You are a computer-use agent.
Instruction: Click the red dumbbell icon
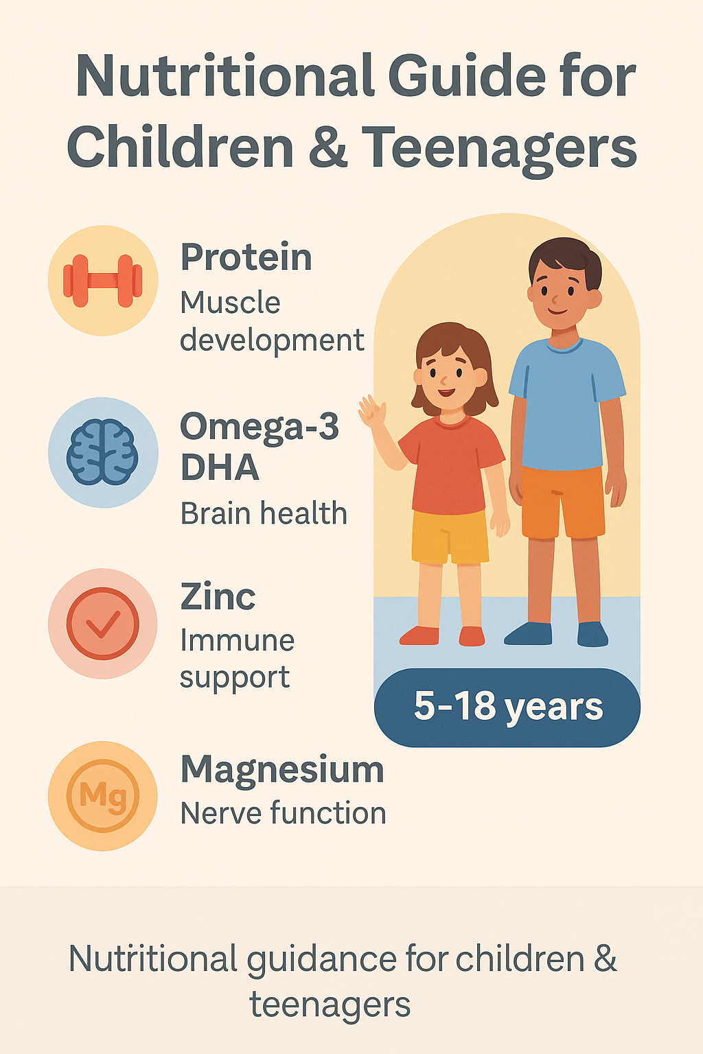click(103, 281)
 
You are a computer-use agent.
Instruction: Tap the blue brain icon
click(103, 452)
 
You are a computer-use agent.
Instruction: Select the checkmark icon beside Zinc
click(103, 624)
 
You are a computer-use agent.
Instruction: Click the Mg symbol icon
click(103, 796)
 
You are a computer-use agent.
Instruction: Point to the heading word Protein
click(246, 257)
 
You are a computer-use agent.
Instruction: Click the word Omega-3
click(260, 427)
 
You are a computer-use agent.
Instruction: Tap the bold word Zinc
click(218, 596)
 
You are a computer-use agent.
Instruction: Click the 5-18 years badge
click(507, 707)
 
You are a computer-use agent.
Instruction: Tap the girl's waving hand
click(373, 411)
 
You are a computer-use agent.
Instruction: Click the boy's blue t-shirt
click(566, 403)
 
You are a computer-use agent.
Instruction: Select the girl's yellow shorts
click(450, 537)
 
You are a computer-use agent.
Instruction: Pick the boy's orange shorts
click(563, 502)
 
